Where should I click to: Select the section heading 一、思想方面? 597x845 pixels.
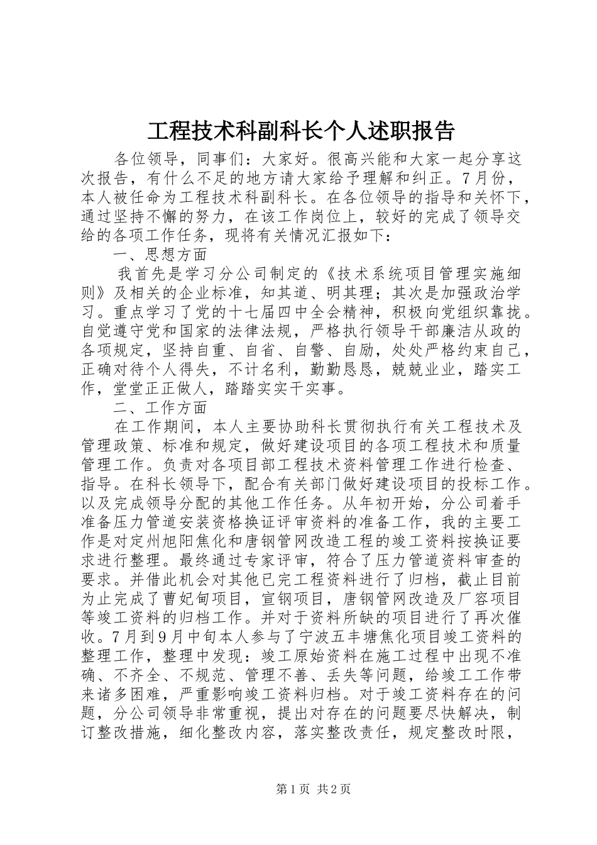point(160,255)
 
